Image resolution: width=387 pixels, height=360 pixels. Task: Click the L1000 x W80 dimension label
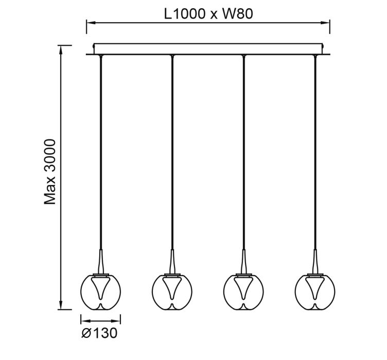coord(208,14)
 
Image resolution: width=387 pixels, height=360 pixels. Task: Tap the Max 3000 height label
coord(50,172)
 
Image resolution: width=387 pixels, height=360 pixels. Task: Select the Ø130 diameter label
coord(99,333)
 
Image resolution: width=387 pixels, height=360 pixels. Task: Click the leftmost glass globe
coord(81,292)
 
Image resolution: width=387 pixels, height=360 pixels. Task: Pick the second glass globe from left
coord(152,292)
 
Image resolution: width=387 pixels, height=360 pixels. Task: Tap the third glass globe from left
coord(224,292)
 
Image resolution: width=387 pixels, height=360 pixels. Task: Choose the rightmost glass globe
coord(295,292)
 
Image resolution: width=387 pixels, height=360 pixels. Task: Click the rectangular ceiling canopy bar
coord(208,44)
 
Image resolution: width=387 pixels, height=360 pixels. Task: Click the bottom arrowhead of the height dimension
coord(61,305)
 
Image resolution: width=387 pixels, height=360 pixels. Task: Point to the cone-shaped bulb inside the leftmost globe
coord(100,288)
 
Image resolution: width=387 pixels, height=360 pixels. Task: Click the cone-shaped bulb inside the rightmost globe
coord(315,288)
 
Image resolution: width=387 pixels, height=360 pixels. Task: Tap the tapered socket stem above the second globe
coord(172,261)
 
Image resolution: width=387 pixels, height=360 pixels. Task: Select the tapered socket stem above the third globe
coord(243,261)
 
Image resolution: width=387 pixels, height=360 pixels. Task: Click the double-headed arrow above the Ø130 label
coord(100,321)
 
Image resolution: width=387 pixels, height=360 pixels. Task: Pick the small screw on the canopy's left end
coord(93,46)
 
